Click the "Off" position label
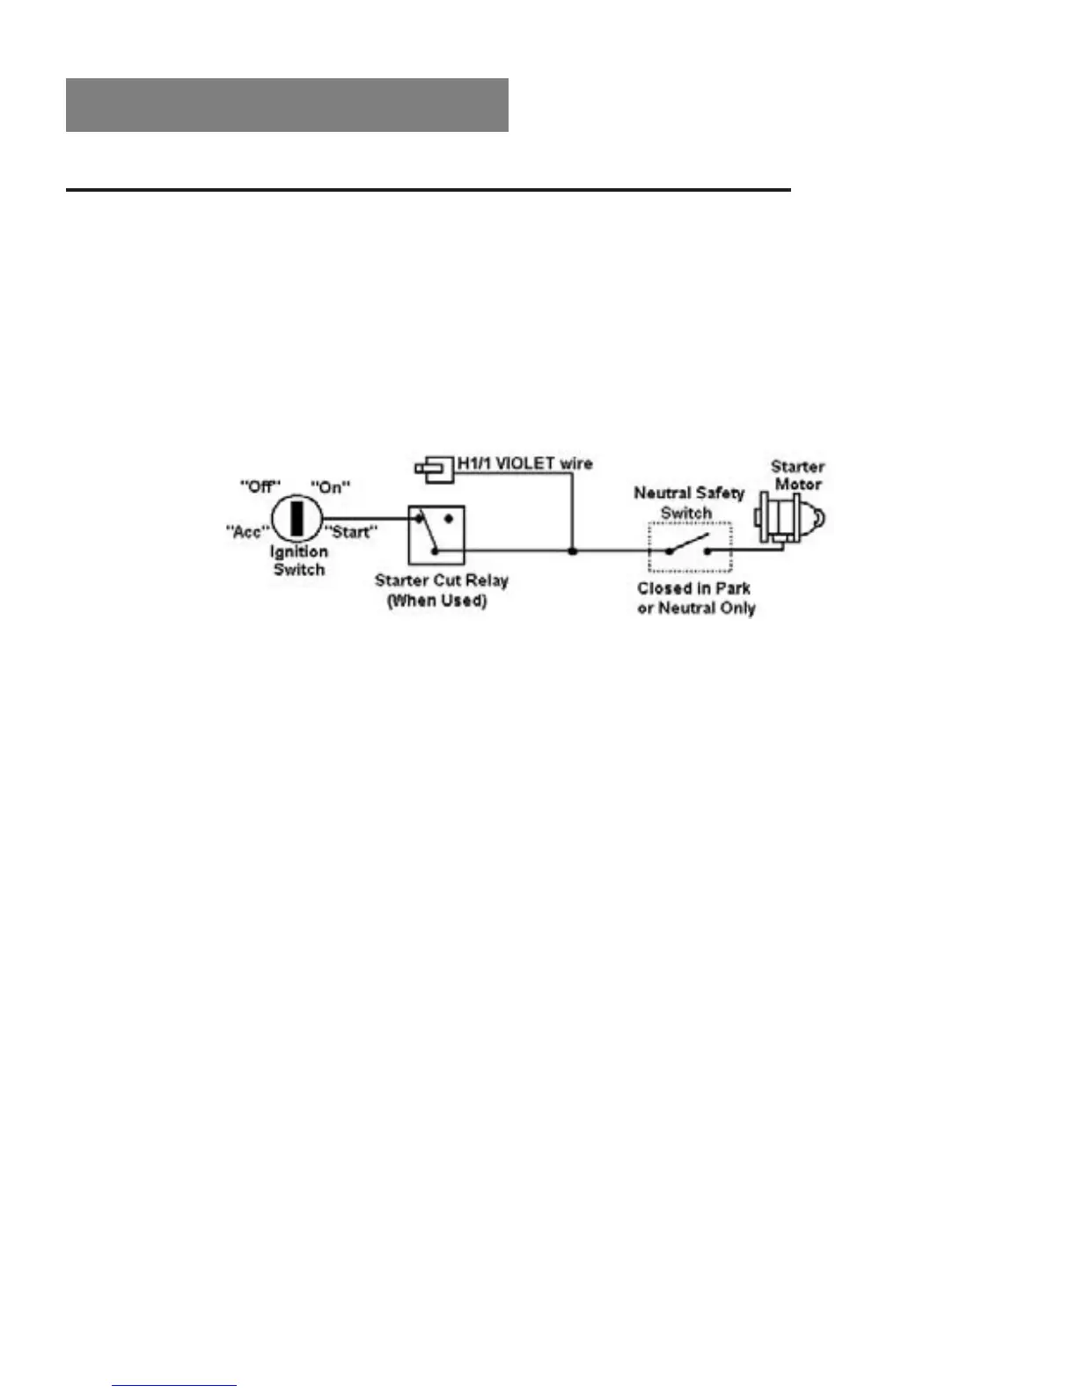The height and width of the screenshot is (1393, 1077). point(260,486)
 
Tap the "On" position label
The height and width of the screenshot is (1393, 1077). point(330,486)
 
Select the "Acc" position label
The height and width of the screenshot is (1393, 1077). point(246,531)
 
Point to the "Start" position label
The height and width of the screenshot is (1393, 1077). point(351,532)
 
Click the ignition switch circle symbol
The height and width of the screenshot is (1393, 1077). point(298,519)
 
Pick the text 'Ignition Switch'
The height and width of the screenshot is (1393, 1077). point(299,560)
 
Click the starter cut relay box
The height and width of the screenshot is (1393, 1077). point(436,534)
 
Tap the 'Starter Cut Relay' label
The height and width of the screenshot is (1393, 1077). point(442,580)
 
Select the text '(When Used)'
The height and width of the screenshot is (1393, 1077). point(437,601)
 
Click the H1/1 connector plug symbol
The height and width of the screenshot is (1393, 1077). point(434,468)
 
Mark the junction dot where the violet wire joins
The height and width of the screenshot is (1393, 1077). point(572,551)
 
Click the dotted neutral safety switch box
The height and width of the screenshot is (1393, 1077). point(690,546)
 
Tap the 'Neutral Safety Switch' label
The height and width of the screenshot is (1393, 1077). point(689,502)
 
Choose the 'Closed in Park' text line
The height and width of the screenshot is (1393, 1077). point(693,588)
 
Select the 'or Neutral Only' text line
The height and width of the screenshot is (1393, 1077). point(696,608)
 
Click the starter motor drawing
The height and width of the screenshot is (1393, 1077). point(788,519)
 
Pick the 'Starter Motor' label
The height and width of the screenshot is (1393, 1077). point(798,475)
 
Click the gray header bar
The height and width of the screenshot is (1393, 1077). point(287,105)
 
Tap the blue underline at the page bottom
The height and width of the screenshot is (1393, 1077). point(174,1385)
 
